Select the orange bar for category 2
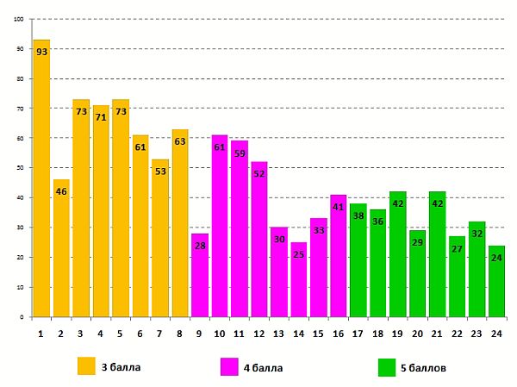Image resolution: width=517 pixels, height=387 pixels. (61, 250)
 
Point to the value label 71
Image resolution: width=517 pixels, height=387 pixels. (101, 117)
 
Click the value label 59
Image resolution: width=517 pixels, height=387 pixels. (240, 153)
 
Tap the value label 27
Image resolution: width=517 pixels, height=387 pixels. (458, 249)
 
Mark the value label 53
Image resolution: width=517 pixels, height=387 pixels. (160, 172)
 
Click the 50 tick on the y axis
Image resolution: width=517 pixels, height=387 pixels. (20, 168)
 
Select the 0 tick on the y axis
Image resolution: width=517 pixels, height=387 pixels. (22, 317)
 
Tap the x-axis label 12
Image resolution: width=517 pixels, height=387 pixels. (259, 333)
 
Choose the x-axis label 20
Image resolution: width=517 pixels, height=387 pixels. (417, 333)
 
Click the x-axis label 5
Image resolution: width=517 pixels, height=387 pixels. (121, 333)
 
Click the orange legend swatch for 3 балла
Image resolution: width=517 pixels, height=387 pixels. (86, 366)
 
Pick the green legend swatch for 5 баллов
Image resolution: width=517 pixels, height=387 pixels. (387, 367)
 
